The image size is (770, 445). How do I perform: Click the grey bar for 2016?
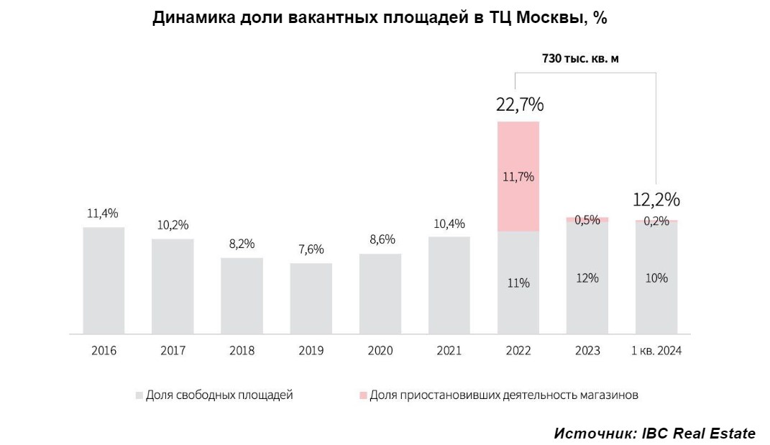[x=104, y=280]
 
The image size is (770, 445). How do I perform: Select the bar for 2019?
[x=311, y=298]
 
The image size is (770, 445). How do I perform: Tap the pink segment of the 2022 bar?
[x=518, y=176]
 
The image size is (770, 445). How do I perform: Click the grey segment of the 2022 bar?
[x=518, y=283]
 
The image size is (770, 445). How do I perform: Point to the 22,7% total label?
[x=519, y=105]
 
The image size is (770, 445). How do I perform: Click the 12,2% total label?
[x=656, y=199]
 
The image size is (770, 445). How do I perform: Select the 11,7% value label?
[x=518, y=177]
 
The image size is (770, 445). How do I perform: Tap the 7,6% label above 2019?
[x=311, y=249]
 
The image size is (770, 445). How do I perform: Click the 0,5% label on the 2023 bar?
[x=587, y=220]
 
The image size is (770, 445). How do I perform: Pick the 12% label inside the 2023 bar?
[x=587, y=278]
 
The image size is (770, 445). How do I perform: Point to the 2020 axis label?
[x=380, y=351]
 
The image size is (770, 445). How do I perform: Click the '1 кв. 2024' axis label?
[x=656, y=351]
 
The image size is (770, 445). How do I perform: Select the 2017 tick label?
[x=173, y=351]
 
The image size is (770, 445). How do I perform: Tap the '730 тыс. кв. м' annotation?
[x=580, y=59]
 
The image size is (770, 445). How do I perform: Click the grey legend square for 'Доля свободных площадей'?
[x=139, y=395]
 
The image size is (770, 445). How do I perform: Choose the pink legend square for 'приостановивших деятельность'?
[x=362, y=395]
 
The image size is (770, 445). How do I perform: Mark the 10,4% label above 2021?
[x=449, y=224]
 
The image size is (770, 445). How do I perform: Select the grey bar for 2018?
[x=242, y=295]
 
